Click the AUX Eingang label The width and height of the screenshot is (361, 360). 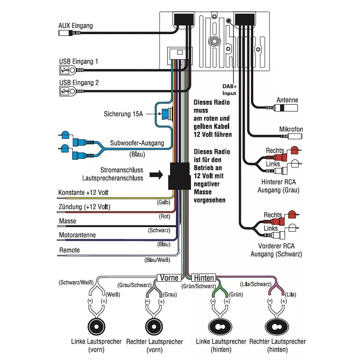pos(75,25)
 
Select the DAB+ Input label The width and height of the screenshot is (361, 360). pos(229,89)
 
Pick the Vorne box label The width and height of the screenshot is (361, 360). pos(169,277)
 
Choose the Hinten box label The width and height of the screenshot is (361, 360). pos(204,277)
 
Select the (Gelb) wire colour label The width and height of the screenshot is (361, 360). pos(163,202)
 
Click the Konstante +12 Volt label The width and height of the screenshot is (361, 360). pos(84,193)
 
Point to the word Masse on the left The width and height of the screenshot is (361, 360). pos(68,221)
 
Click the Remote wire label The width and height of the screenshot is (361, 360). pos(70,250)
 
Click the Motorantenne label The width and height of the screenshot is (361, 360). pos(77,236)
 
